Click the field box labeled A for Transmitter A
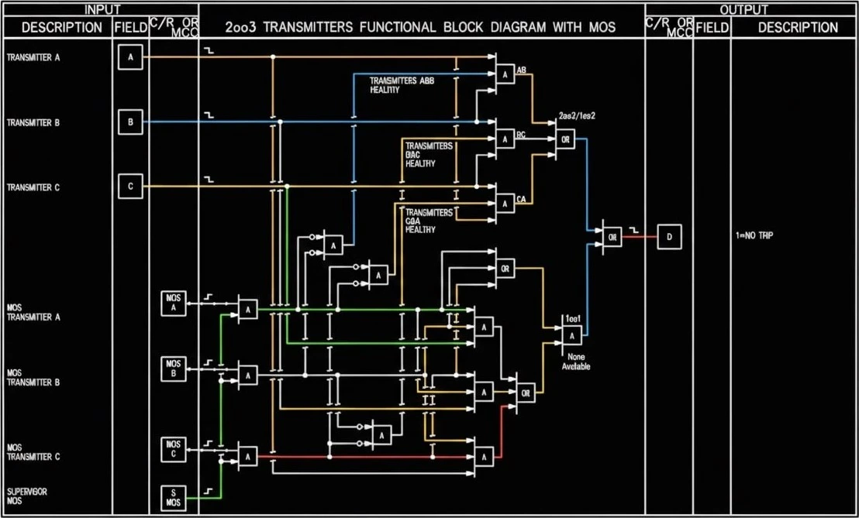(130, 57)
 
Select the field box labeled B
(130, 122)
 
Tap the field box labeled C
(130, 187)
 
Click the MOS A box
(173, 304)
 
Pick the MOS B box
(173, 369)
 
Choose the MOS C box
(173, 450)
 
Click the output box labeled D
(669, 237)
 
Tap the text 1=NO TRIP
(754, 234)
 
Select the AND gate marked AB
(505, 74)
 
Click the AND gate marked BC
(505, 139)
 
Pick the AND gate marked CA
(505, 204)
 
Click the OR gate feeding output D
(612, 238)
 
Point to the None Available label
(575, 361)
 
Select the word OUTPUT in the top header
(743, 9)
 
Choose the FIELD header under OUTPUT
(711, 28)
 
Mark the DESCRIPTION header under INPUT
(62, 28)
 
